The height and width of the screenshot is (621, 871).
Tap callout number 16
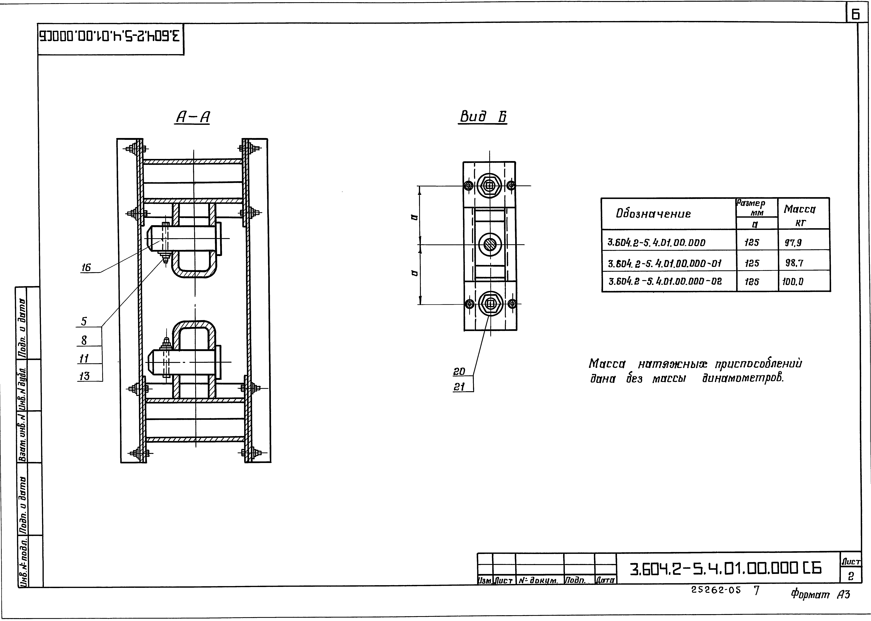click(86, 268)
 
